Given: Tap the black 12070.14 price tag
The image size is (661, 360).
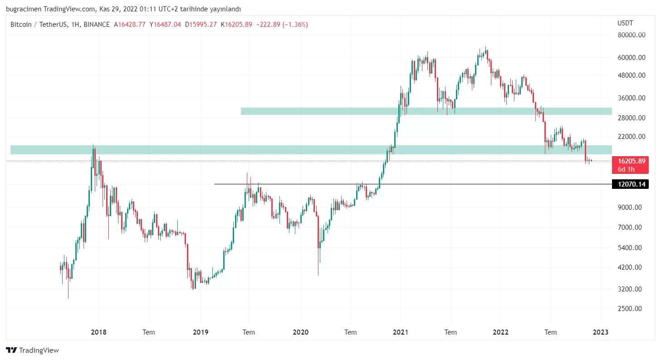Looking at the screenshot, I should [630, 184].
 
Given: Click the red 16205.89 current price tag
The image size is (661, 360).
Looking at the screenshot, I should [630, 161].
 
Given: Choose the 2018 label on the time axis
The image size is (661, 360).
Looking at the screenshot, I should [99, 332].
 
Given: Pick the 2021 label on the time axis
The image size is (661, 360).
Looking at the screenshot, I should [400, 332].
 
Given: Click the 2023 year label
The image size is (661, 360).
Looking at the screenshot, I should [601, 332].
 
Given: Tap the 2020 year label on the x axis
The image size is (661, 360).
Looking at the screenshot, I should [300, 332].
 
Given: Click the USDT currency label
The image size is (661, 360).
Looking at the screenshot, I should [625, 23].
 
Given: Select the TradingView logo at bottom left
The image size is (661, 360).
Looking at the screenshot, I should [32, 350].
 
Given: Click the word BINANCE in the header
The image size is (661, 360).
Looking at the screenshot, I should [97, 25].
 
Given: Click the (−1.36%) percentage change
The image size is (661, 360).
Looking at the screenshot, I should [295, 25].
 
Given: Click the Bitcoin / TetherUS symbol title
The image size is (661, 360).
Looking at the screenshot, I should [37, 25].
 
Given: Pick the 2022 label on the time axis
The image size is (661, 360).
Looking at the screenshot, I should [500, 332].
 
